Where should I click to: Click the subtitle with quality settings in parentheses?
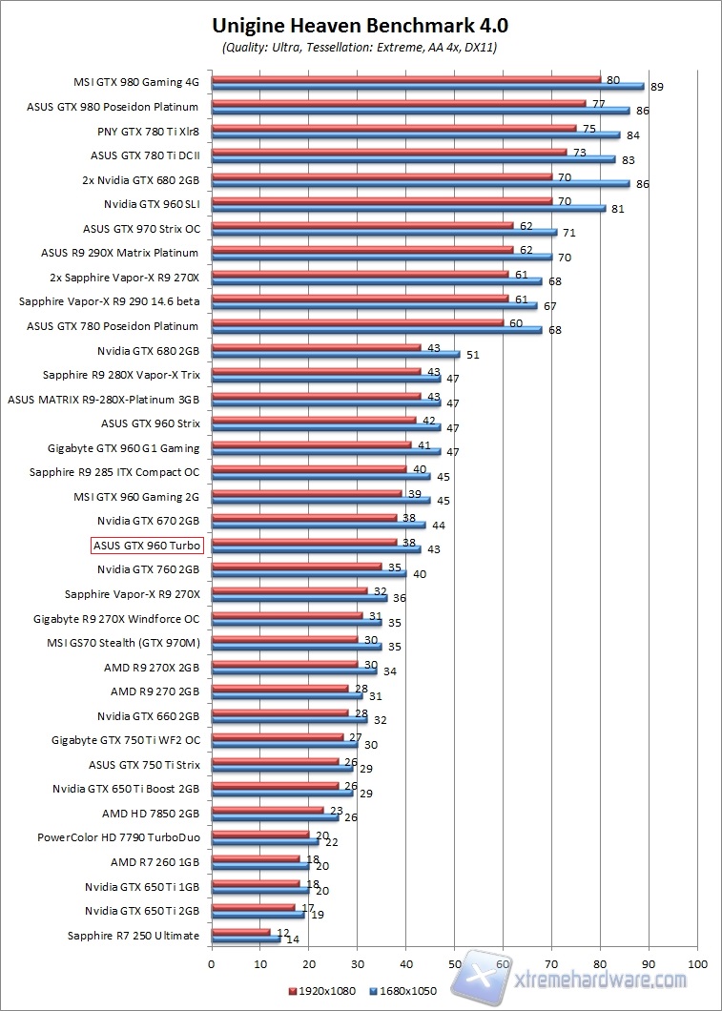360,47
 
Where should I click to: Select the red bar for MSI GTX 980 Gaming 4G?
405,79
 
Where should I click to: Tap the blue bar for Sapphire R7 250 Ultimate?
245,939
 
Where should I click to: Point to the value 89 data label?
656,87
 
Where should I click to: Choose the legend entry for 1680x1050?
406,990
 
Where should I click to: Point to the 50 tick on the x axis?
454,963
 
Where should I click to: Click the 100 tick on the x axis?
697,963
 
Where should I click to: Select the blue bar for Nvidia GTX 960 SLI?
408,208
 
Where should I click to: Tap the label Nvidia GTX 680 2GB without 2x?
148,350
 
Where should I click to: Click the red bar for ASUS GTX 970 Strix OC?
361,225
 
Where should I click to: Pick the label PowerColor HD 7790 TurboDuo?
118,837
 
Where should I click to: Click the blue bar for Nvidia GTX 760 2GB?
308,573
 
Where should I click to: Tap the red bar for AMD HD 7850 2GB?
267,809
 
